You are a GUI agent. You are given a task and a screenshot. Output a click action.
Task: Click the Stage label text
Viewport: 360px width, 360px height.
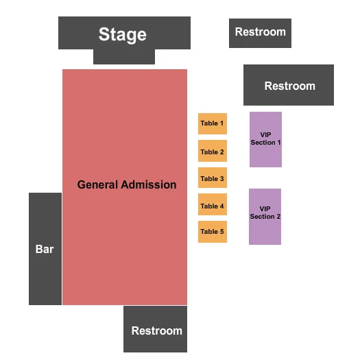[x=122, y=34]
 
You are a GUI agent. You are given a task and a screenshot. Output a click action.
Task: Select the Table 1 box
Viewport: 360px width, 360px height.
[x=212, y=123]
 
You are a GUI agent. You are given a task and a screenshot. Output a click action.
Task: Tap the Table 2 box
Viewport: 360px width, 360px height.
[x=212, y=152]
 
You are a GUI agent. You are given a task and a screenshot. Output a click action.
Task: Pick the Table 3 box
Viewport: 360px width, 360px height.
[x=212, y=178]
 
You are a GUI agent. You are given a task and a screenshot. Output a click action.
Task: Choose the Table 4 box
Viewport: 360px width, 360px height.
[x=212, y=206]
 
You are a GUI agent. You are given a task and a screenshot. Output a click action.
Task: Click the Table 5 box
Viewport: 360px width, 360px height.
[x=212, y=232]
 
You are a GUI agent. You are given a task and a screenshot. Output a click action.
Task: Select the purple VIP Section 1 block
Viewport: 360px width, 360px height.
[x=265, y=139]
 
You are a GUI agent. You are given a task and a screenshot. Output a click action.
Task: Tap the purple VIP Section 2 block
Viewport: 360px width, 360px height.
[x=265, y=216]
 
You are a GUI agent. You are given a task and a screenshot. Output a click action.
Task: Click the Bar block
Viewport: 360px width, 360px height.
[x=45, y=249]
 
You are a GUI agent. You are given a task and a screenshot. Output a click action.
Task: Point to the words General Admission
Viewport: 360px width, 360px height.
[x=127, y=184]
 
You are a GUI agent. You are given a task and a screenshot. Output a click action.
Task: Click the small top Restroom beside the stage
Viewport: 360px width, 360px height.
[x=260, y=32]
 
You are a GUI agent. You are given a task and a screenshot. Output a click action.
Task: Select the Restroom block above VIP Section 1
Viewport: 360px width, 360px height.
[x=289, y=85]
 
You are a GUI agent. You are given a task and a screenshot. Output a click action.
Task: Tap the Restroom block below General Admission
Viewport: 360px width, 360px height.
[x=156, y=330]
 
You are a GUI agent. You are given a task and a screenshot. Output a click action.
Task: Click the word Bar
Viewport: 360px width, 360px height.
[x=45, y=249]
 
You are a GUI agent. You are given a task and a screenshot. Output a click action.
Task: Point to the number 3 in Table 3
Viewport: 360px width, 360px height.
[x=221, y=179]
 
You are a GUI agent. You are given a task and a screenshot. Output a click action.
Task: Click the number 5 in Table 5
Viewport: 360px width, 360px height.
[x=221, y=232]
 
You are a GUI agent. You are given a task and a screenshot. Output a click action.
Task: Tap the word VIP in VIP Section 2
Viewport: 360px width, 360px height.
[x=265, y=208]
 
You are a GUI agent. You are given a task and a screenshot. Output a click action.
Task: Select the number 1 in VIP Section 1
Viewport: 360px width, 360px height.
[x=279, y=143]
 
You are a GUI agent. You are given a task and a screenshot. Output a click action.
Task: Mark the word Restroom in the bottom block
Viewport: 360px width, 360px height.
[x=157, y=331]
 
